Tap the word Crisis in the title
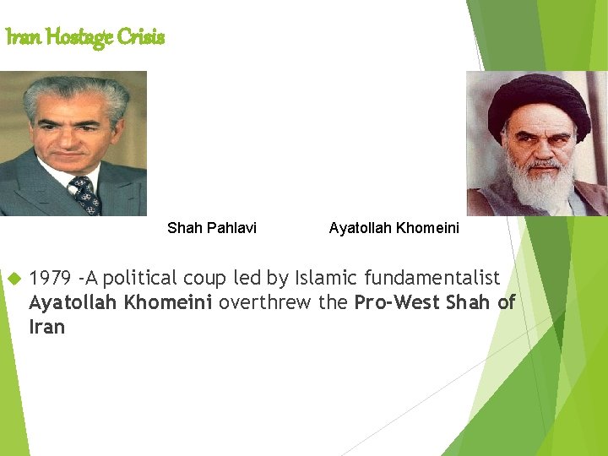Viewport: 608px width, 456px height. pos(140,36)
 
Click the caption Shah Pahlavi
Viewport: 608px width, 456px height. pos(212,228)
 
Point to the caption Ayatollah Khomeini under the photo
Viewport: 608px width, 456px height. pos(394,228)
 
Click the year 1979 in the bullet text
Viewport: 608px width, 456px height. pos(50,278)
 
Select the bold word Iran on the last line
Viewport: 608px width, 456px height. pos(46,327)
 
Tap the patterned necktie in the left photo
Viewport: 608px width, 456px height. pos(85,194)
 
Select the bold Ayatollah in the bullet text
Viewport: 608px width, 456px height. pos(73,302)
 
